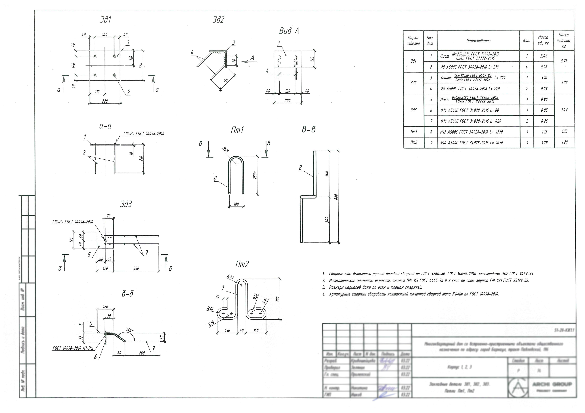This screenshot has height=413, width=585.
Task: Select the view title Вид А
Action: (x=289, y=31)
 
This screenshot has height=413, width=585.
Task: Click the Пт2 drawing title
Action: (x=242, y=265)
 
